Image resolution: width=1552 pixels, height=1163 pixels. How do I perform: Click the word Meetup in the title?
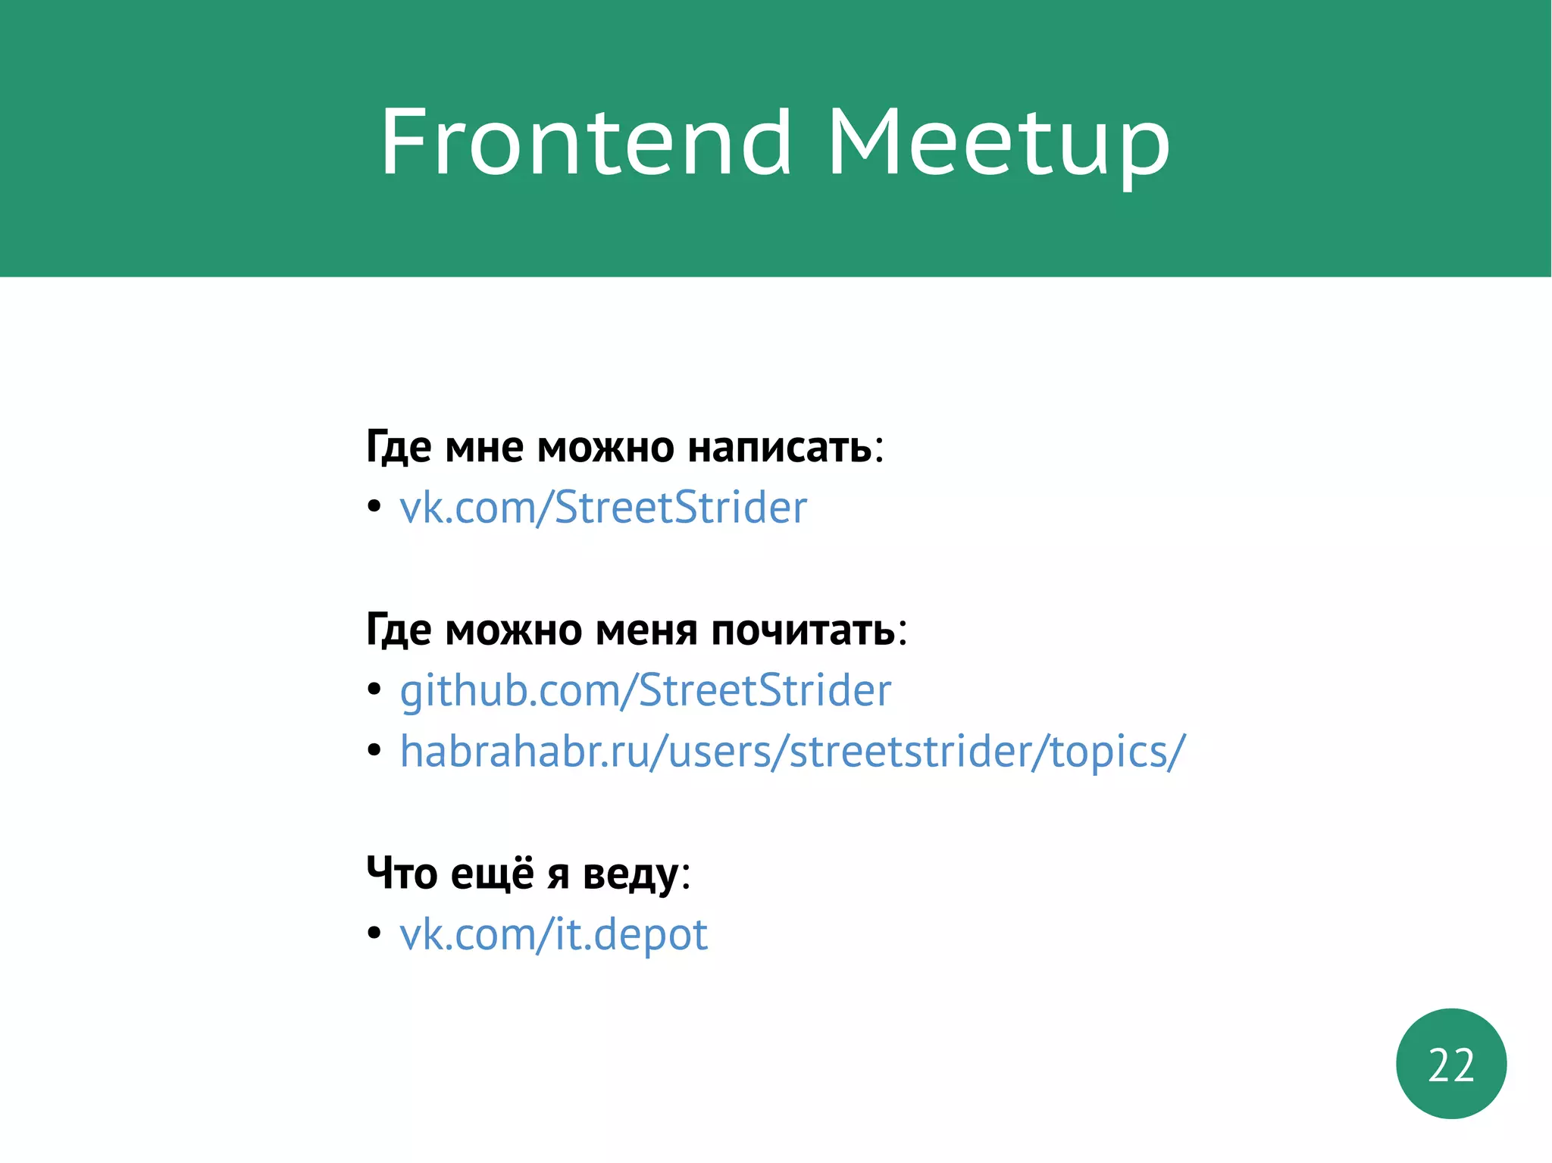coord(998,144)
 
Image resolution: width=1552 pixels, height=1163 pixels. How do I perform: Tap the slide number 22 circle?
coord(1450,1064)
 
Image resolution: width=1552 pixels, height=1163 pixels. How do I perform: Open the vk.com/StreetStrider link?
coord(603,508)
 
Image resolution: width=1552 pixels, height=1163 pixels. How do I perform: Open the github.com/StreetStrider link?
coord(645,690)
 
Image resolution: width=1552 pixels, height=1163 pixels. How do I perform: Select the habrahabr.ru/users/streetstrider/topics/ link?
coord(792,752)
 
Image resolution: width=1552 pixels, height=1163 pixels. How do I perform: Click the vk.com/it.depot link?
coord(553,934)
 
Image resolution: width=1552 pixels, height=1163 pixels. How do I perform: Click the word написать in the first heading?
coord(780,447)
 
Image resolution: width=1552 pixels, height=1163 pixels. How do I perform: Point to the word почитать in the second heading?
coord(803,630)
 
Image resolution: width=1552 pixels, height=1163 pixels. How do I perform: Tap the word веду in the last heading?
coord(630,874)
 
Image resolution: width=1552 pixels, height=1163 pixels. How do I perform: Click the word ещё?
coord(492,874)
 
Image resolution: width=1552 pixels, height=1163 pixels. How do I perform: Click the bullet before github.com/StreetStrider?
coord(374,689)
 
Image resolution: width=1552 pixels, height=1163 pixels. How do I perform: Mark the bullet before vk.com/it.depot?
coord(374,933)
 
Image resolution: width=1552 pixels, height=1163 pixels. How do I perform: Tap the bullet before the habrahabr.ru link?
coord(374,750)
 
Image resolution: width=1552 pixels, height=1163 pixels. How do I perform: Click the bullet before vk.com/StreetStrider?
coord(374,507)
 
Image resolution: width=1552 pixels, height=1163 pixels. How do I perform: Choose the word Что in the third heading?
coord(401,874)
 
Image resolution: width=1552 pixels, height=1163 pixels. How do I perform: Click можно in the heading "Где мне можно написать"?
coord(605,447)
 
